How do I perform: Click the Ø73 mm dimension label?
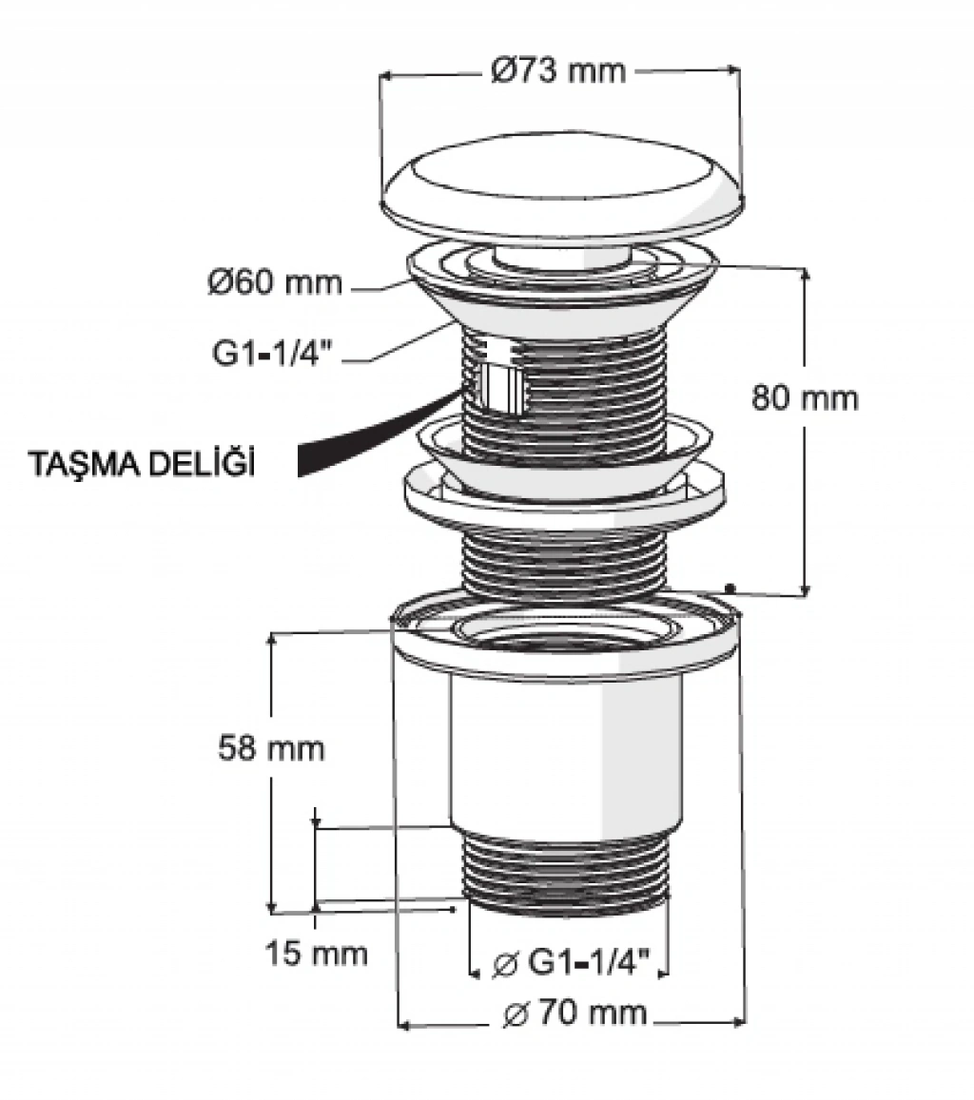coord(559,70)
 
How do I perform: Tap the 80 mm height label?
coord(805,397)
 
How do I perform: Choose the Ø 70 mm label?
coord(575,1013)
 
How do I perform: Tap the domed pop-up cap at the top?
coord(561,189)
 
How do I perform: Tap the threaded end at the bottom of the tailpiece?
coord(565,870)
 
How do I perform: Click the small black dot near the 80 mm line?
coord(730,588)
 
